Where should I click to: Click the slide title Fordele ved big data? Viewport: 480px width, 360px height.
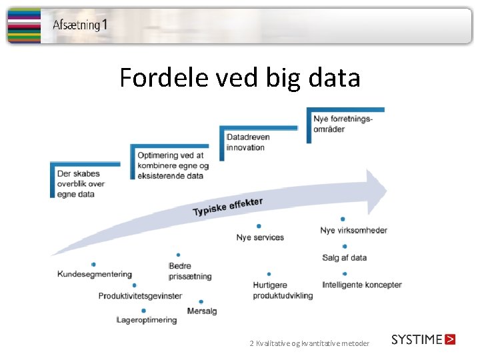pyautogui.click(x=240, y=79)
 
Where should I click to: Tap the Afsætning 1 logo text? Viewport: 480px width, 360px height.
pyautogui.click(x=79, y=25)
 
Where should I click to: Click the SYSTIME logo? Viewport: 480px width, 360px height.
pyautogui.click(x=423, y=339)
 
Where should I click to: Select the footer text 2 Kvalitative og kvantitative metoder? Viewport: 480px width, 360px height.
pyautogui.click(x=309, y=343)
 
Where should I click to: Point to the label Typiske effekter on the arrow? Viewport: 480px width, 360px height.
pyautogui.click(x=227, y=207)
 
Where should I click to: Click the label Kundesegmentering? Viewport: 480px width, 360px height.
pyautogui.click(x=95, y=274)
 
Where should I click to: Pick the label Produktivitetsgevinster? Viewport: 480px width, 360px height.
pyautogui.click(x=140, y=295)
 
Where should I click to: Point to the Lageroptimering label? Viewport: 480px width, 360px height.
pyautogui.click(x=147, y=319)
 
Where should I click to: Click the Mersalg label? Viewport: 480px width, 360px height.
pyautogui.click(x=202, y=311)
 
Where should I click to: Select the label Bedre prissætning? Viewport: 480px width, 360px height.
pyautogui.click(x=190, y=271)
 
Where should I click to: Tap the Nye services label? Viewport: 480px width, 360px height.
pyautogui.click(x=260, y=237)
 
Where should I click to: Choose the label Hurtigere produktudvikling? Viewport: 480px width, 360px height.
pyautogui.click(x=283, y=290)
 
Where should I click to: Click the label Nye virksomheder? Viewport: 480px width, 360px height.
pyautogui.click(x=353, y=230)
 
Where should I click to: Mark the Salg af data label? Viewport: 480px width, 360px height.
pyautogui.click(x=344, y=257)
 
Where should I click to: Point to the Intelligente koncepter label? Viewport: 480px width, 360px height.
pyautogui.click(x=362, y=285)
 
